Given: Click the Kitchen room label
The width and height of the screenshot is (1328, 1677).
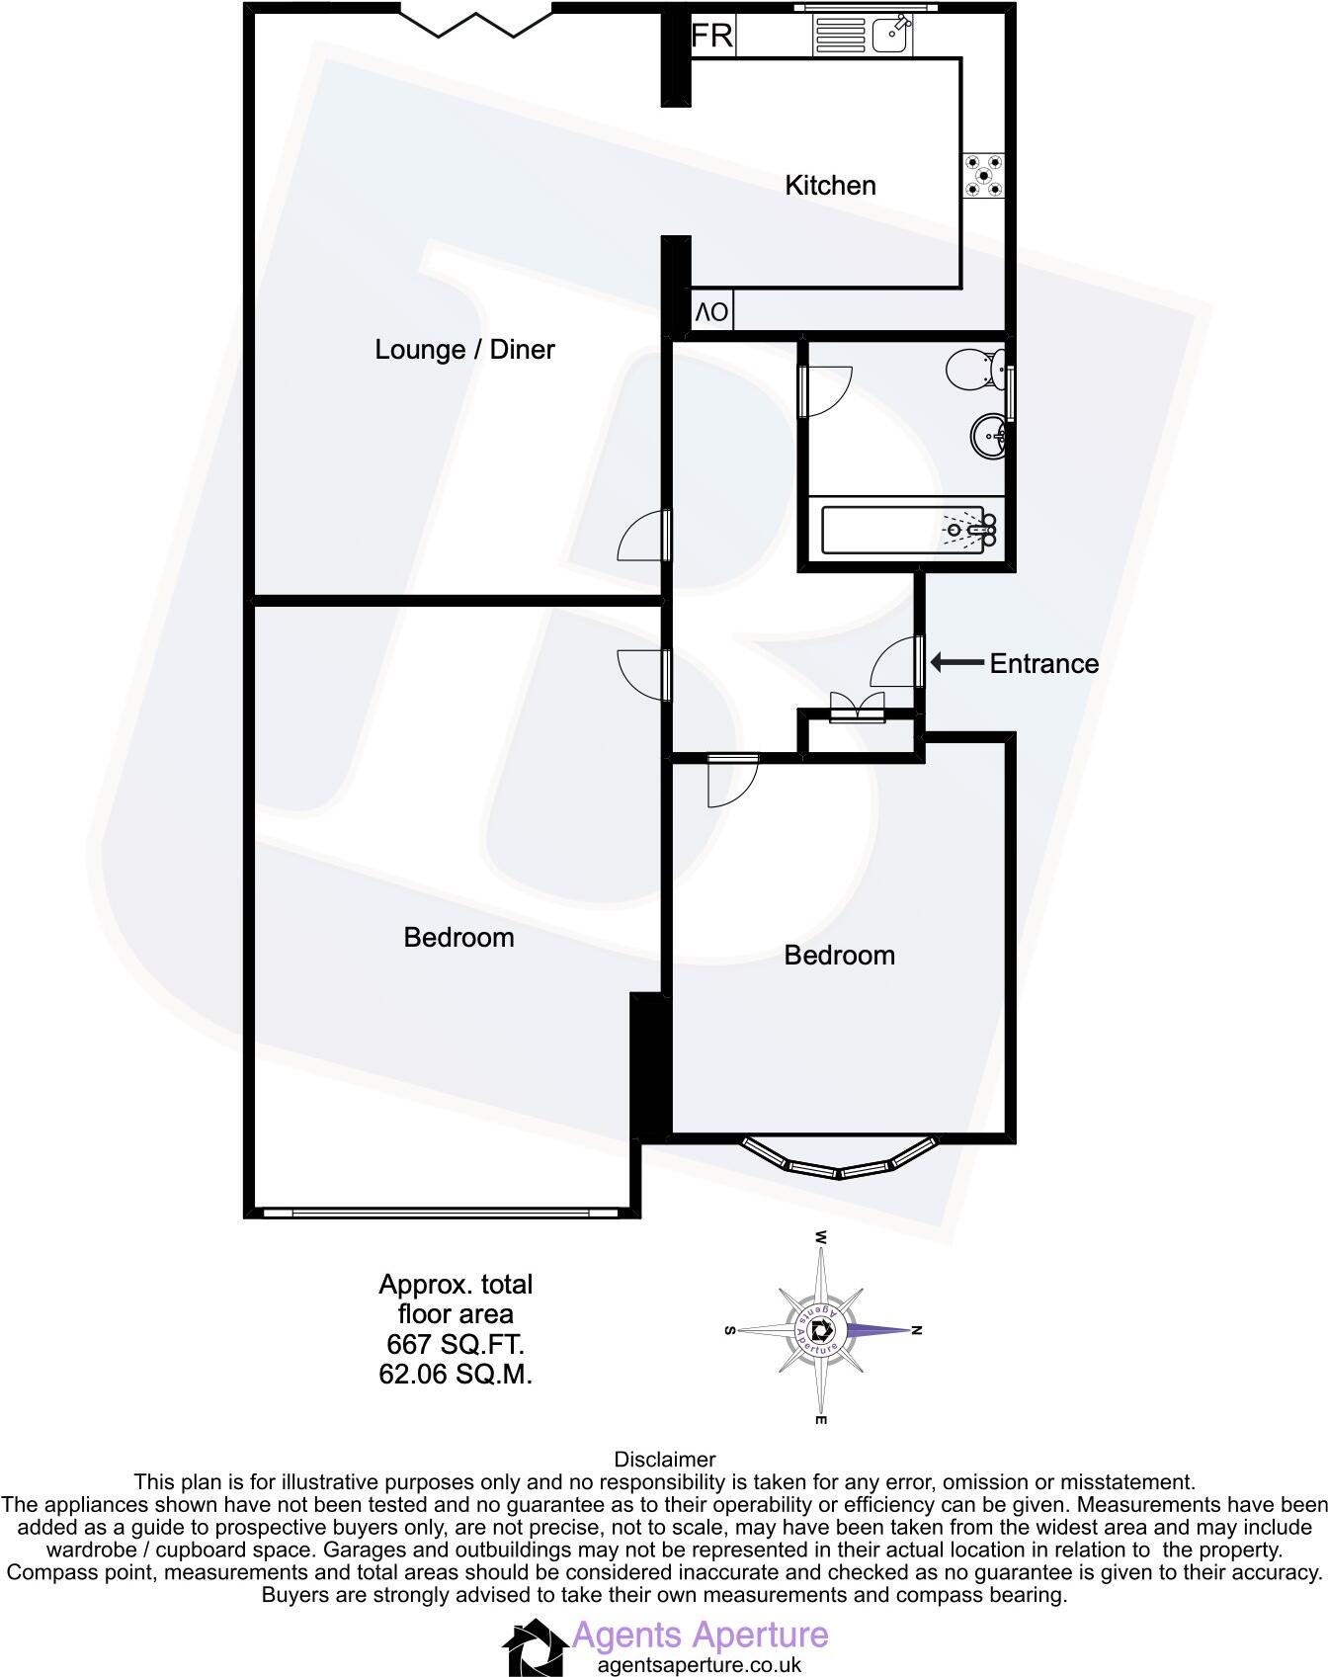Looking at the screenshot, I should [x=830, y=186].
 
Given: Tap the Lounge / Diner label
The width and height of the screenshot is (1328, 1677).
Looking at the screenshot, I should [x=464, y=350].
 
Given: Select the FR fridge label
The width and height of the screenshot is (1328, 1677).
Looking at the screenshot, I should [x=711, y=37].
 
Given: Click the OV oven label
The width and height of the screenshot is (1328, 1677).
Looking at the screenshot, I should [x=712, y=313].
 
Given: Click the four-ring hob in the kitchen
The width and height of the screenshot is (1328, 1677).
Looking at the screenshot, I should [x=984, y=175].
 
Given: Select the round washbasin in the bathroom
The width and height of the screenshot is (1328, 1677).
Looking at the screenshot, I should [x=990, y=435].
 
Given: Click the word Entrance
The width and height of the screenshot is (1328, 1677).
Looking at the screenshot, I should [x=1044, y=664].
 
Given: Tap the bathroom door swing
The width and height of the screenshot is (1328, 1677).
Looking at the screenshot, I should [x=828, y=391].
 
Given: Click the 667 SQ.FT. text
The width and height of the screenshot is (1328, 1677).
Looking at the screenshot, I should [x=456, y=1344].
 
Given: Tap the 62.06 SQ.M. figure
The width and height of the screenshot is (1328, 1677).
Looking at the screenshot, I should [x=456, y=1374].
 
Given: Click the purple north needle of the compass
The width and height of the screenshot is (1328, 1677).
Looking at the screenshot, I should [x=879, y=1330].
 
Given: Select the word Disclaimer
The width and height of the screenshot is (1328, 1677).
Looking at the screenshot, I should [x=664, y=1460].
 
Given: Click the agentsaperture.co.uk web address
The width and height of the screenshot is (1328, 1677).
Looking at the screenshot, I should [x=700, y=1665].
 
